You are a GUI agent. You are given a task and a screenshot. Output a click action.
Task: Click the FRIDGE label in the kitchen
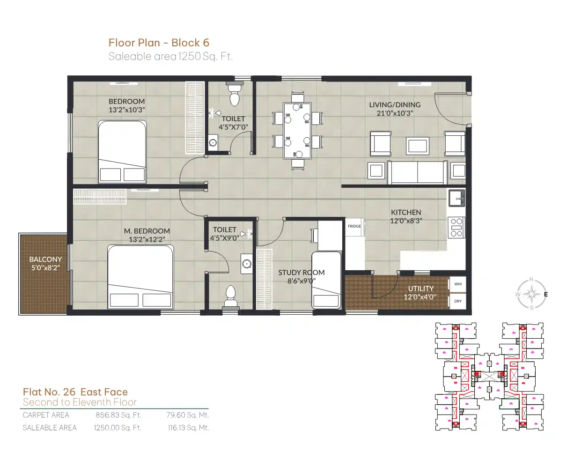coord(354,226)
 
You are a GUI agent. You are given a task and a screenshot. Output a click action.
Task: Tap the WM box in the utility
coord(458,284)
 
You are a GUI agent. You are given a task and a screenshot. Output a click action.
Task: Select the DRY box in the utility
coord(458,301)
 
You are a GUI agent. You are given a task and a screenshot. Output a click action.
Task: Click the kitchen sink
coord(457,198)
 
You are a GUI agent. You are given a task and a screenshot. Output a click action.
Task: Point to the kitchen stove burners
coord(457,228)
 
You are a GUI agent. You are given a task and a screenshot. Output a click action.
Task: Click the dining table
coord(297,131)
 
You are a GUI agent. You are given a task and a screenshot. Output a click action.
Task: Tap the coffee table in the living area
coord(417,146)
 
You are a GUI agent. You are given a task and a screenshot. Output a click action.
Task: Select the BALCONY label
coord(45,259)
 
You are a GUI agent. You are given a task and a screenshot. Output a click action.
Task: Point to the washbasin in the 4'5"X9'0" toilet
coord(246,264)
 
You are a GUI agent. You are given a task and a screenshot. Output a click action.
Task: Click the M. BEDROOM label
coord(147,231)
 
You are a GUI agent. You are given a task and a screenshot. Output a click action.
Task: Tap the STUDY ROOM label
coord(302,273)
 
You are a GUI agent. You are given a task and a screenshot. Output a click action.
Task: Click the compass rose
coord(531,294)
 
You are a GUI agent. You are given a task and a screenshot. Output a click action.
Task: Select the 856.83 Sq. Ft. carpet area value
coord(118,415)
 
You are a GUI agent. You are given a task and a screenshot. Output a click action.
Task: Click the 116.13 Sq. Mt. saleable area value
coord(188,428)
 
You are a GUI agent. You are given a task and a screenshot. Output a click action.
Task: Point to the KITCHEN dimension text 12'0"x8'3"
coord(406,221)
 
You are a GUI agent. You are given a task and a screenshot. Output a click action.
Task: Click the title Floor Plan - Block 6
coord(159,43)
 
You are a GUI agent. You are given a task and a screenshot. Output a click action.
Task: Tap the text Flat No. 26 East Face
coord(75,392)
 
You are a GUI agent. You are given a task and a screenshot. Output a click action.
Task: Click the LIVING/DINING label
coord(395,104)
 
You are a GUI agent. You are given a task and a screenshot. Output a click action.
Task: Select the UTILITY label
coord(421,289)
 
